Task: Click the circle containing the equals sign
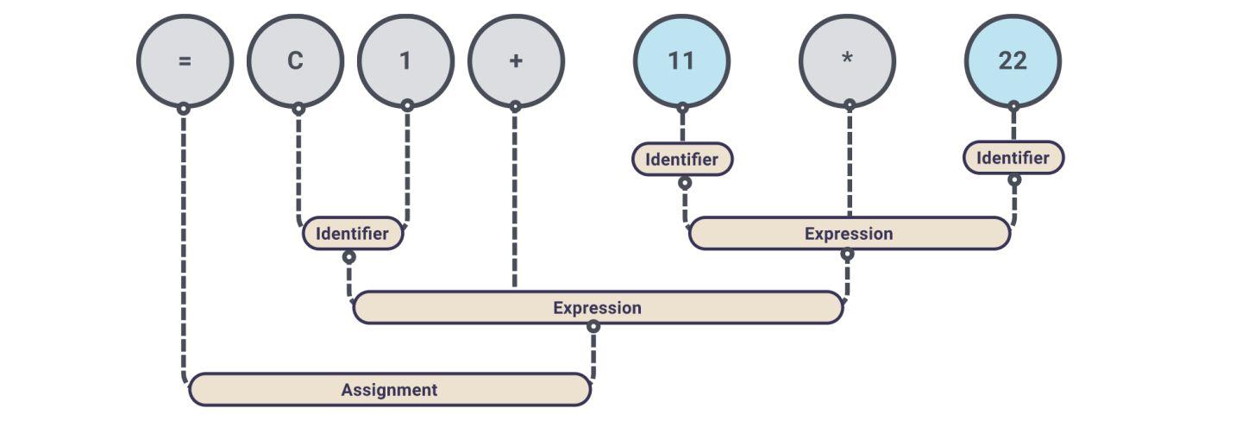coord(185,60)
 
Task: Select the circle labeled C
coord(295,60)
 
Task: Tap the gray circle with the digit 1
coord(405,60)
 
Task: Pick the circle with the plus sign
coord(516,60)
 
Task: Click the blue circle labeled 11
coord(681,60)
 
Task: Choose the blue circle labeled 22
coord(1013,60)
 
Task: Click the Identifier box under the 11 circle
coord(681,160)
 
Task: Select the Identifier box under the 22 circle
coord(1013,158)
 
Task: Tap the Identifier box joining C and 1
coord(352,233)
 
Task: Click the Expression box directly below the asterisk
coord(849,234)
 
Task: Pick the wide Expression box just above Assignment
coord(597,308)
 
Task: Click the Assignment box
coord(389,390)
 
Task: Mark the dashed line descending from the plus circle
coord(515,198)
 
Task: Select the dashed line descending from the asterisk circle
coord(850,164)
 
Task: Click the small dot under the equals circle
coord(183,109)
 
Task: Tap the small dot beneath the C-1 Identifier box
coord(348,257)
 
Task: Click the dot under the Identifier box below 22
coord(1014,180)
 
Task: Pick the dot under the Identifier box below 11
coord(684,183)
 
